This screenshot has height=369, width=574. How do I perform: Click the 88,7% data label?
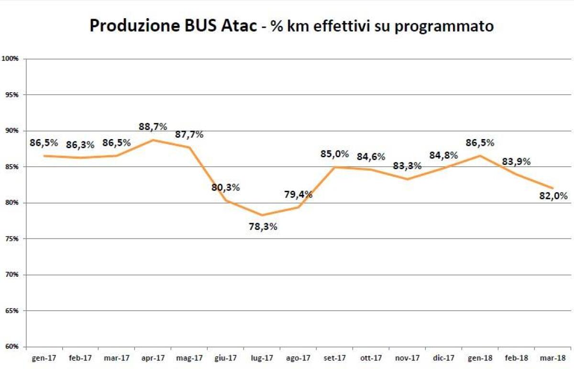tap(153, 127)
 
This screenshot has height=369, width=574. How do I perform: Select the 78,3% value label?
tap(262, 227)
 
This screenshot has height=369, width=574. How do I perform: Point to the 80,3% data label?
tap(225, 187)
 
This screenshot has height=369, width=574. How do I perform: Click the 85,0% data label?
tap(334, 154)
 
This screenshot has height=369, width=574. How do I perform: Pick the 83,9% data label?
tap(516, 162)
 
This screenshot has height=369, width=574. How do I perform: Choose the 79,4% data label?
tap(298, 195)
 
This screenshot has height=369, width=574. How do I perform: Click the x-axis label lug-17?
tap(262, 358)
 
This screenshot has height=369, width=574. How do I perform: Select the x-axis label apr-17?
tap(153, 358)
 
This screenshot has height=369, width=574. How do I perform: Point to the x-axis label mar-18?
tap(552, 358)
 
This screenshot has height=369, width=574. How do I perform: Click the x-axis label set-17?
tap(334, 358)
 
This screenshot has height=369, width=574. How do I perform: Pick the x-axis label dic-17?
tap(443, 358)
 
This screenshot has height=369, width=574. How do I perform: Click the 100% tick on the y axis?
tap(10, 59)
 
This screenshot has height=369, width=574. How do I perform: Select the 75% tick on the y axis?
tap(11, 239)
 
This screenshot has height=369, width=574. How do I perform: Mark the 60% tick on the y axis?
tap(11, 347)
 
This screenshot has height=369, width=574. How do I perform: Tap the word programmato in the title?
tap(445, 27)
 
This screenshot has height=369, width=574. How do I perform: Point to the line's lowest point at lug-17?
tap(262, 215)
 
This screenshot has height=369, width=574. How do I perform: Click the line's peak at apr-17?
tap(153, 140)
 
